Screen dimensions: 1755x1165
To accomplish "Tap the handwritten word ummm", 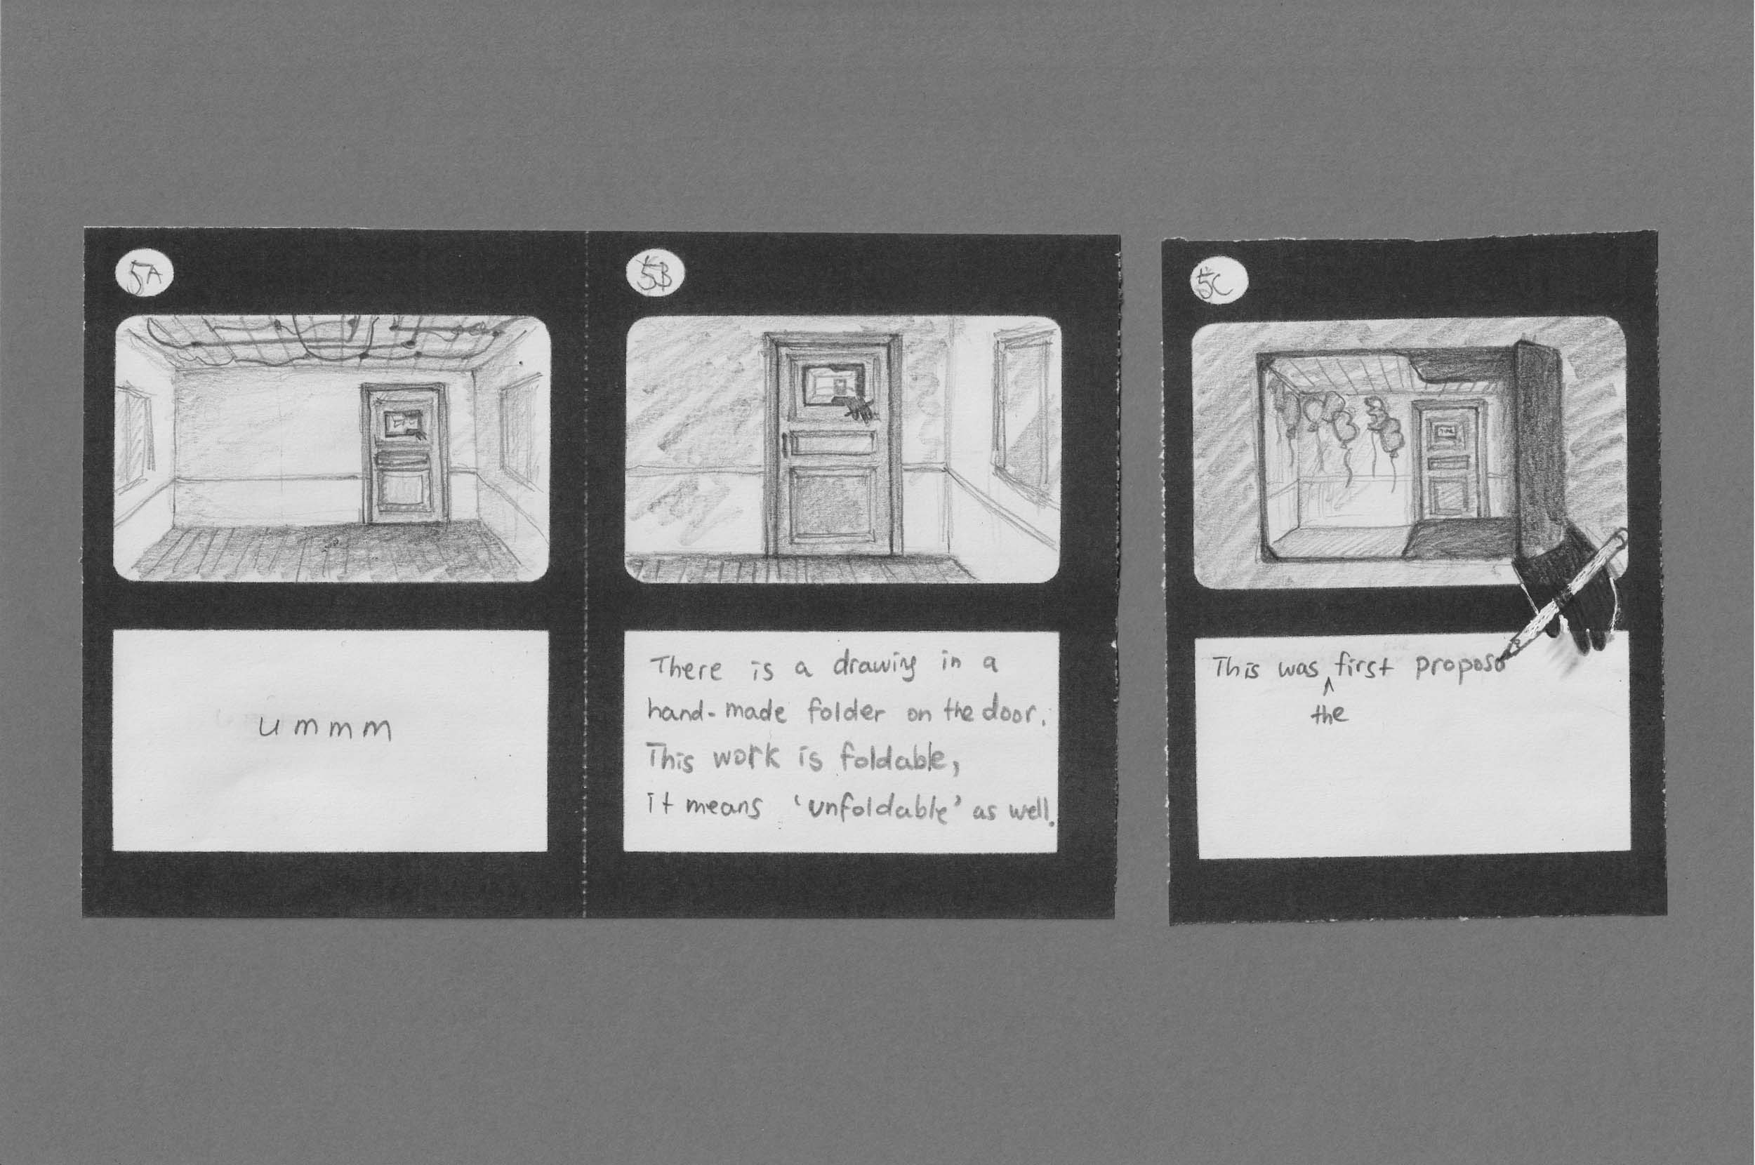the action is coord(324,730).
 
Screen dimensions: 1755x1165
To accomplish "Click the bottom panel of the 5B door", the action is coord(831,509).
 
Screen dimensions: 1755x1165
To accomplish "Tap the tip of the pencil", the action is coord(1504,658).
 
